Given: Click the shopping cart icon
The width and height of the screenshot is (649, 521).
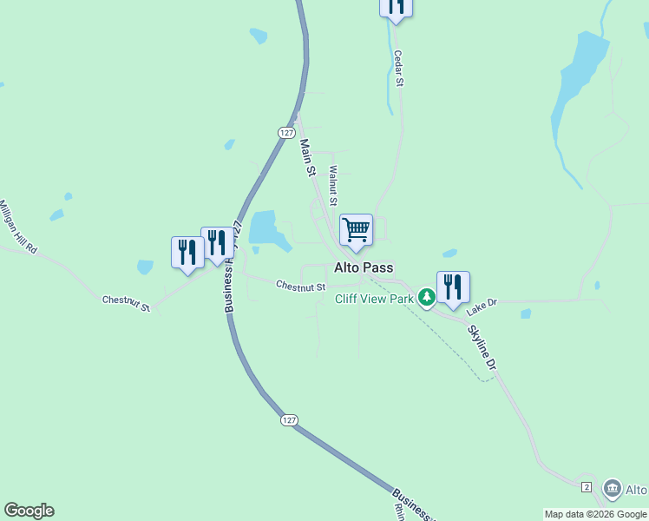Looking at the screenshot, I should (x=356, y=230).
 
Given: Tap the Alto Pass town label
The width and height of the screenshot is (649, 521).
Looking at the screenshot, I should (x=364, y=268).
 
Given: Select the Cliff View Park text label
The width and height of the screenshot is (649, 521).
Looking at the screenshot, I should (x=374, y=299).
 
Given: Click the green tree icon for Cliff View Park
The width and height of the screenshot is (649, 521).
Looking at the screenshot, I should (x=426, y=298).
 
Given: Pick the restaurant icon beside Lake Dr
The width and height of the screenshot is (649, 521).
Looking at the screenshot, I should (x=453, y=287).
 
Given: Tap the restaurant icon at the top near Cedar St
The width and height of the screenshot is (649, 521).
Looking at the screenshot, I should (x=396, y=7).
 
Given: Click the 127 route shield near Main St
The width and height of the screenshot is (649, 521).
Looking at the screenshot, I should (x=287, y=132).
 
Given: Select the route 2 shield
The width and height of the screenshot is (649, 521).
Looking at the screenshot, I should (x=587, y=486).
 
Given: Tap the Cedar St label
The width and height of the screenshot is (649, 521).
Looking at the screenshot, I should (x=399, y=67).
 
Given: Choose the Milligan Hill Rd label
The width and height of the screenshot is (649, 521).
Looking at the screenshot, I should (x=18, y=227).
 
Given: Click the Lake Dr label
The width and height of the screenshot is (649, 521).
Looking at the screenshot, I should (x=481, y=307).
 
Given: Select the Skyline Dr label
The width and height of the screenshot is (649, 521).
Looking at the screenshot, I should (x=482, y=348).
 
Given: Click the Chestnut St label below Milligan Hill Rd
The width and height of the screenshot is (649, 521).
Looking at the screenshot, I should (x=127, y=304).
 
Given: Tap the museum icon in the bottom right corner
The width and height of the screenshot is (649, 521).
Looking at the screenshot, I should (x=613, y=489).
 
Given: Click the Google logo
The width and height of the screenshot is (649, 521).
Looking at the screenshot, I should (x=29, y=511).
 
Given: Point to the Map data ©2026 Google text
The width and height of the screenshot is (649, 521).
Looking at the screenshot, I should (x=595, y=514).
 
